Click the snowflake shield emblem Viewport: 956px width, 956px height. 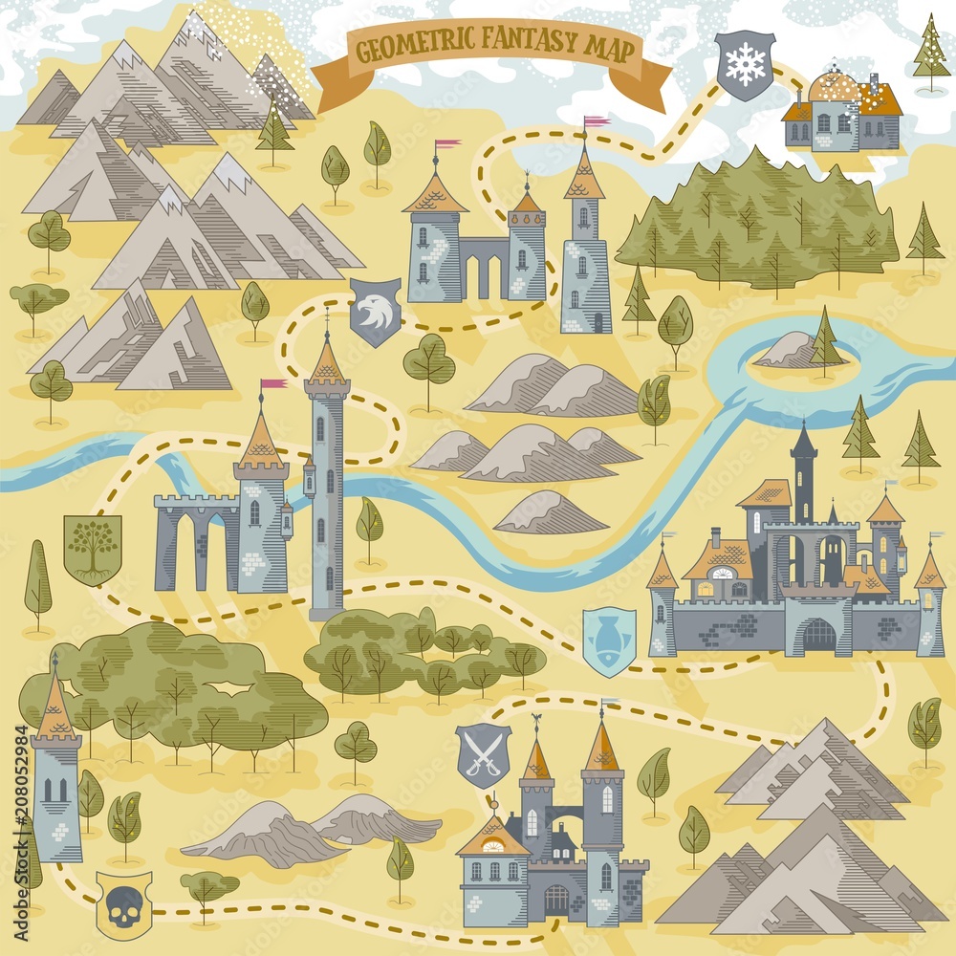746,64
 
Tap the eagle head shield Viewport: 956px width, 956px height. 375,312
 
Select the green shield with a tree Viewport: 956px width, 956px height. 93,549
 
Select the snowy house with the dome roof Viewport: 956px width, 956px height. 841,113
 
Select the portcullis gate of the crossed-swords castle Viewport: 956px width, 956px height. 556,900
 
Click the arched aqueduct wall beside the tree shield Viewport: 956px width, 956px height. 196,540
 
